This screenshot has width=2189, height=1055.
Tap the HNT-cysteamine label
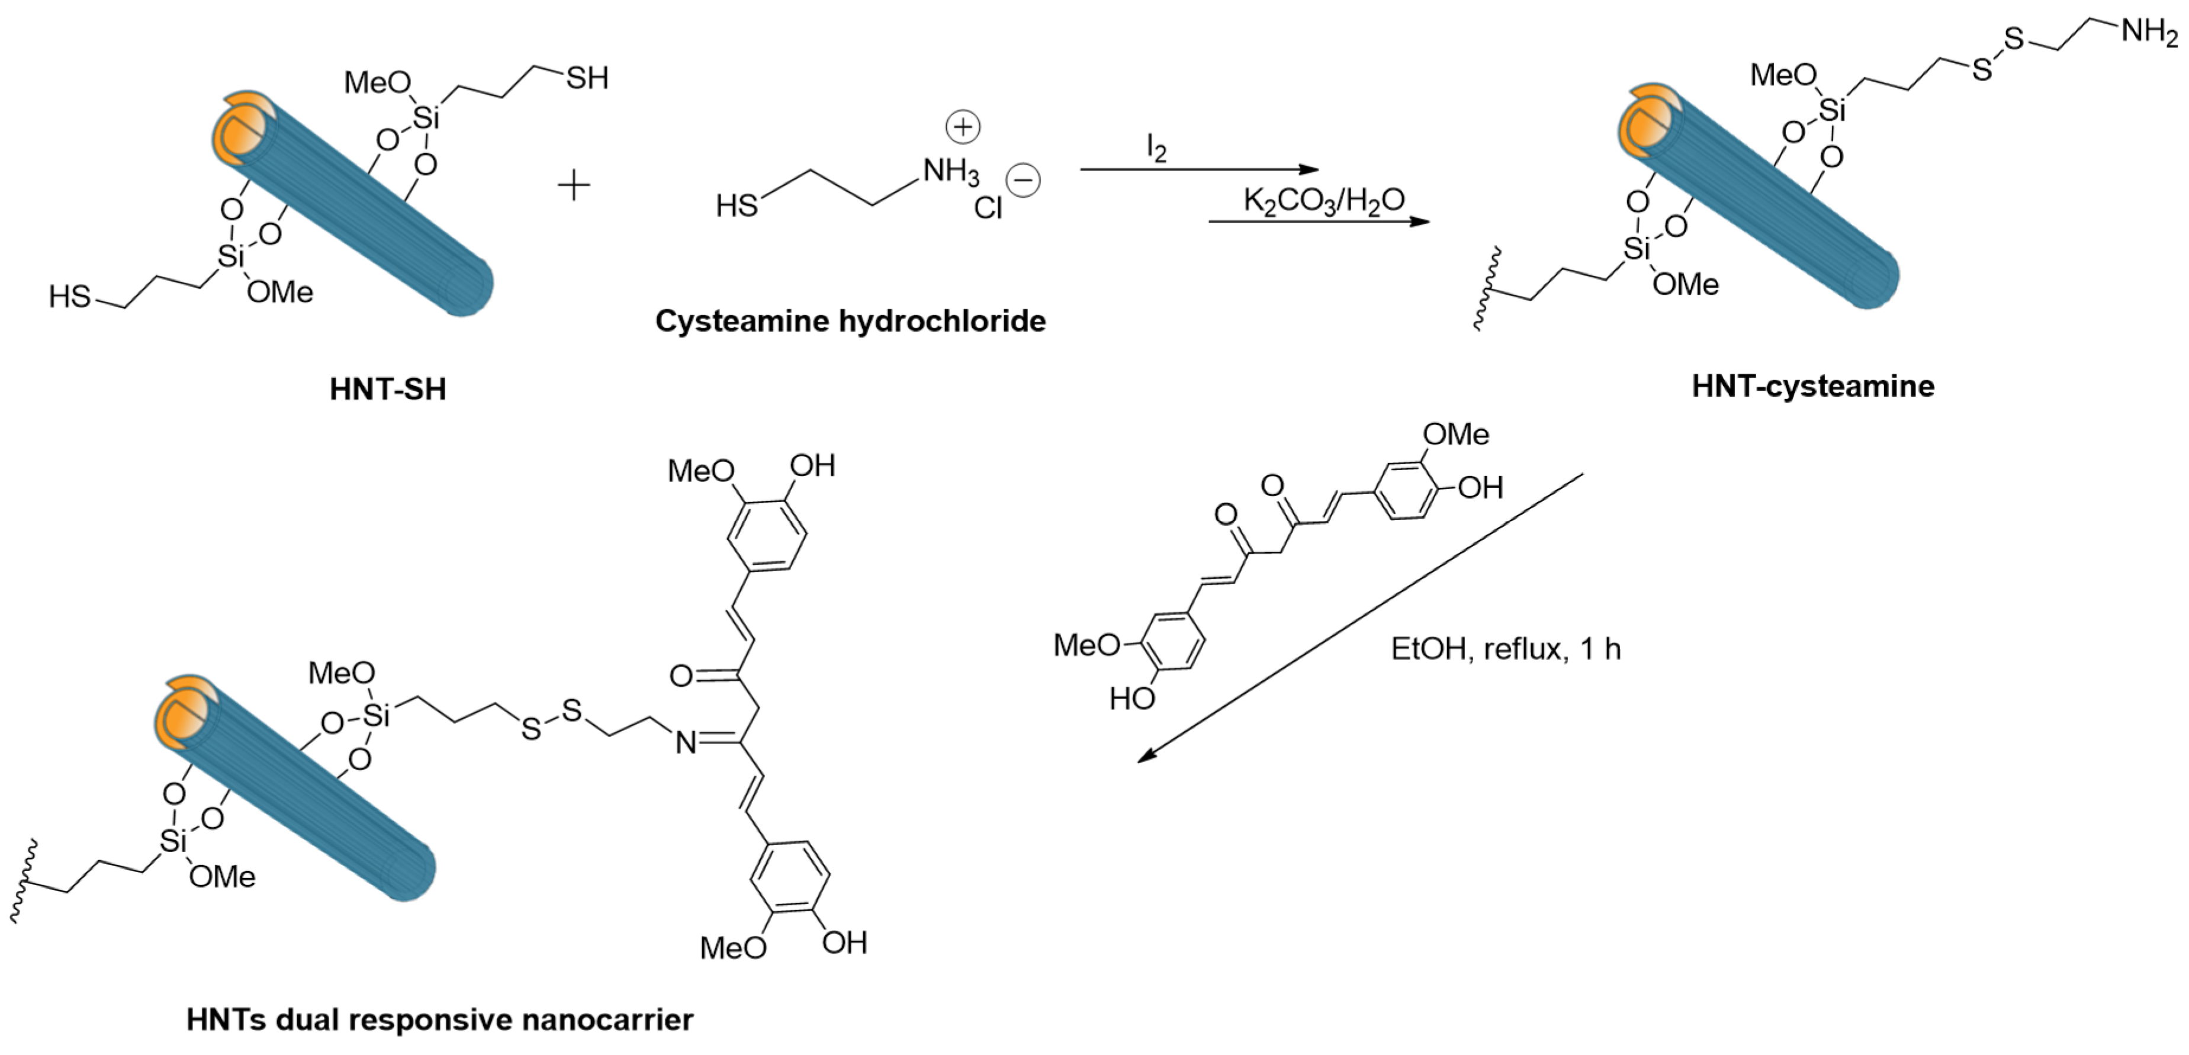(1812, 387)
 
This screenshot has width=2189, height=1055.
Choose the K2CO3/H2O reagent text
(1324, 201)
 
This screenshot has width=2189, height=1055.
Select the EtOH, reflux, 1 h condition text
(1506, 649)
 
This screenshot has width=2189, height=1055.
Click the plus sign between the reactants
(574, 185)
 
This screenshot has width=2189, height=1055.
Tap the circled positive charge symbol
(963, 127)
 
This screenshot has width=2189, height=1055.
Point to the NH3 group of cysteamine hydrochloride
(951, 172)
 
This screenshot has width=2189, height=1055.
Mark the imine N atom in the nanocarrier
(685, 744)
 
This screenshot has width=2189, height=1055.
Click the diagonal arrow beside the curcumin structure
(1359, 617)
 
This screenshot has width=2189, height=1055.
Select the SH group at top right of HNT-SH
(587, 79)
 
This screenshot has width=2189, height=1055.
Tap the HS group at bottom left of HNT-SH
(70, 297)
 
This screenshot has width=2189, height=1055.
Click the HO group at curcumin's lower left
(1132, 698)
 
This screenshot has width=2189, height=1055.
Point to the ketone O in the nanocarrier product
(682, 676)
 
